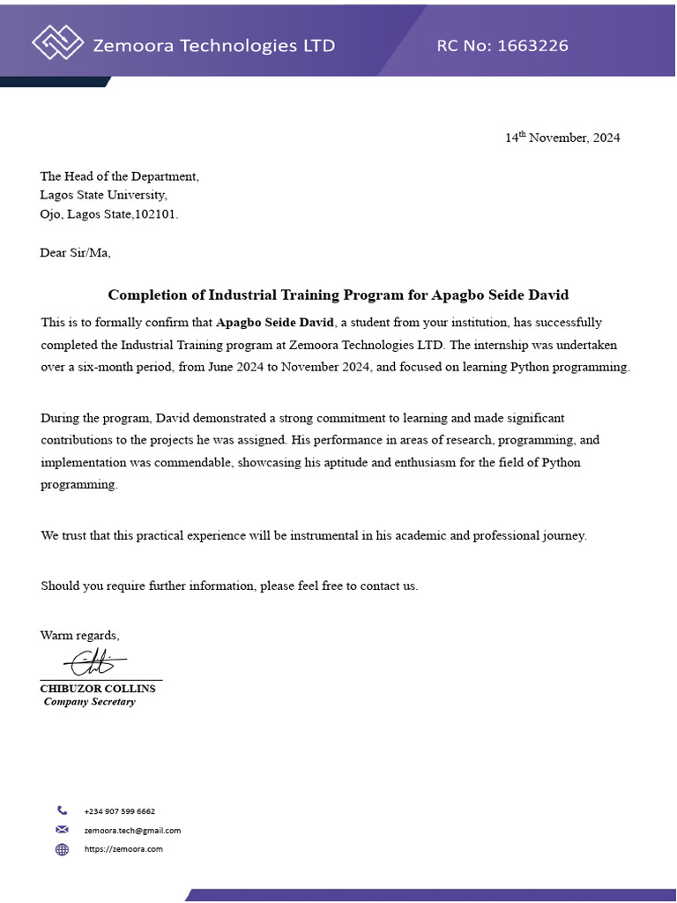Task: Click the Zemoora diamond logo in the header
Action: pyautogui.click(x=57, y=42)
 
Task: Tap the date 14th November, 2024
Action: pyautogui.click(x=562, y=138)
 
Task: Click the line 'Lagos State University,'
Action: pyautogui.click(x=103, y=195)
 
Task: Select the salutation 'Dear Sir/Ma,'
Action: pyautogui.click(x=75, y=253)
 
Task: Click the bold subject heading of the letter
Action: pyautogui.click(x=338, y=295)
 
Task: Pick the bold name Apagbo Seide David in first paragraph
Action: pyautogui.click(x=274, y=323)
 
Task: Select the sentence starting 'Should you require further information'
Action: pyautogui.click(x=229, y=586)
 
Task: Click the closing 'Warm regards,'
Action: pyautogui.click(x=79, y=635)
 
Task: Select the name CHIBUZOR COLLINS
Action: pyautogui.click(x=98, y=688)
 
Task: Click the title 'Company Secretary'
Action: pyautogui.click(x=90, y=702)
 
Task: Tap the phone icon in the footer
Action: pyautogui.click(x=62, y=810)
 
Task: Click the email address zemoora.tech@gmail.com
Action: pyautogui.click(x=132, y=830)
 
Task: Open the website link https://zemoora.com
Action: pyautogui.click(x=123, y=849)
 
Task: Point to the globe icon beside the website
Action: pyautogui.click(x=62, y=849)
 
